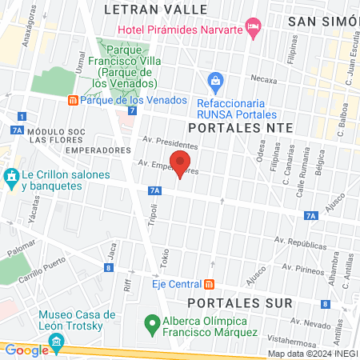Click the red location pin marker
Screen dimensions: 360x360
(x=180, y=162)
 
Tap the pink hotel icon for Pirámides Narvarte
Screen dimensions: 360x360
(x=254, y=29)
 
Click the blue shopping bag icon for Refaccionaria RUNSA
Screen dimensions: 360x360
(x=214, y=80)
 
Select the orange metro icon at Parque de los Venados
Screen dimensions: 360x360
(x=73, y=101)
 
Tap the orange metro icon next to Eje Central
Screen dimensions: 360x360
(x=209, y=284)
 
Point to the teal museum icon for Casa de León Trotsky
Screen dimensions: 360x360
(x=56, y=342)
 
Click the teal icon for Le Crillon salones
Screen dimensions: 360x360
(x=11, y=175)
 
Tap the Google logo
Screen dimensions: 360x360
(x=26, y=350)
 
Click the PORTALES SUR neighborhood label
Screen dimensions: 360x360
(x=230, y=302)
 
